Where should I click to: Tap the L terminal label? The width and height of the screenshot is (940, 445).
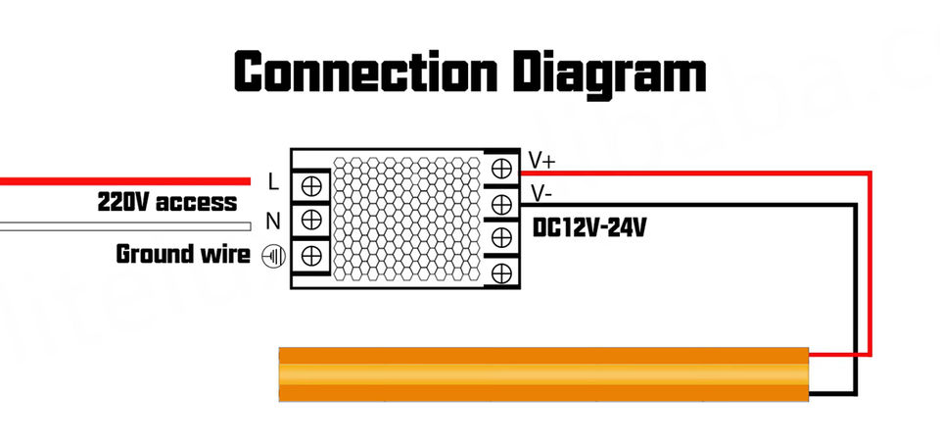[273, 182]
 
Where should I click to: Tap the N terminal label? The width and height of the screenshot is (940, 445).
[274, 219]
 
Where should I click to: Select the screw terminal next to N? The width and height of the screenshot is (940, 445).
[311, 219]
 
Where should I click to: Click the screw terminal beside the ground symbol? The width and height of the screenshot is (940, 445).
[311, 255]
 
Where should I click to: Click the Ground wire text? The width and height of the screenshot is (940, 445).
[183, 255]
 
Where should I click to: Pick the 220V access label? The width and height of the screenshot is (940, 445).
[166, 203]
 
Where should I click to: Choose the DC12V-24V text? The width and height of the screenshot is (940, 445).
[589, 228]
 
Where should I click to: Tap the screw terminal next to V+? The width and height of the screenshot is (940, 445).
[502, 169]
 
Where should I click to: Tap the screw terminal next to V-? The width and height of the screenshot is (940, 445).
[502, 203]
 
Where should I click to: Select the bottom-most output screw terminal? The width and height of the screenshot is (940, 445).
[502, 271]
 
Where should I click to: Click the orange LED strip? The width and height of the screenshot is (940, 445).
[543, 373]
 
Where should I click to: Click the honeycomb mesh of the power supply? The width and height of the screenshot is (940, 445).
[408, 219]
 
